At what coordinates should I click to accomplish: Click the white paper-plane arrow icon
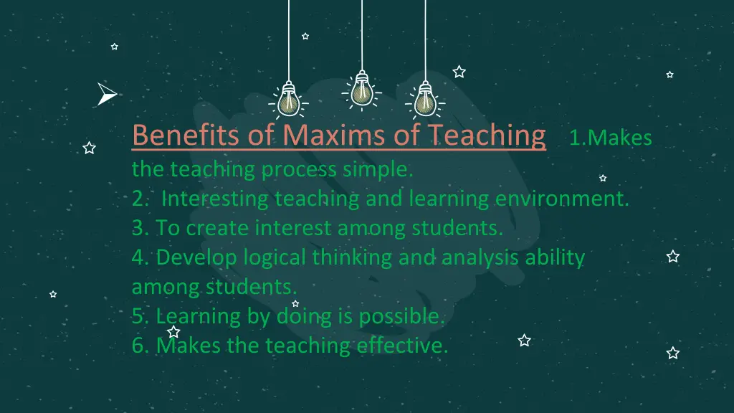click(x=106, y=94)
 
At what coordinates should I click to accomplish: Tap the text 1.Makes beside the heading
click(x=610, y=138)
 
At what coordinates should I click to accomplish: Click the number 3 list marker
click(x=138, y=229)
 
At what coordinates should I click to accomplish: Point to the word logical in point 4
click(x=277, y=257)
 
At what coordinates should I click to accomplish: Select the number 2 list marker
click(x=138, y=199)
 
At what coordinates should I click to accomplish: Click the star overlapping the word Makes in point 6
click(x=173, y=332)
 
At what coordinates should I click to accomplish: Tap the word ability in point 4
click(x=556, y=257)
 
